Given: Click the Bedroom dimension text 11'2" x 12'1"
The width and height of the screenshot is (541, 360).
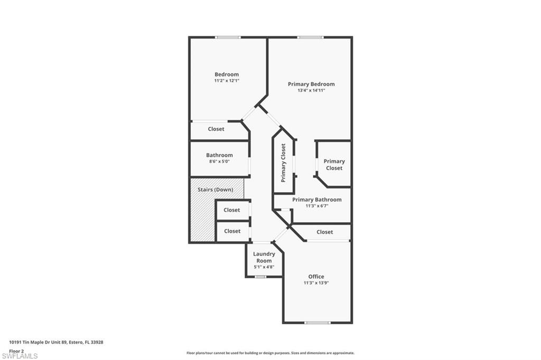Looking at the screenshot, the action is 227,81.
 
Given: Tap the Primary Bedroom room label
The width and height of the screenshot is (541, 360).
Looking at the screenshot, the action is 311,84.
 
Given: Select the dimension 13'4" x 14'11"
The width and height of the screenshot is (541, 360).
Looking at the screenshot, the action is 311,90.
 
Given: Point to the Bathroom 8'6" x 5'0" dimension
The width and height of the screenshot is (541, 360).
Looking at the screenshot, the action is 219,162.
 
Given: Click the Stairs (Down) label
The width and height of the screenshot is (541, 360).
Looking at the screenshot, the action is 216,190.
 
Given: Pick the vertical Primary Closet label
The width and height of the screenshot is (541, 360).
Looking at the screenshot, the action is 283,163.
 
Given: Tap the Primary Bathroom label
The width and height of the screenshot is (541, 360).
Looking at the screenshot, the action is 317,200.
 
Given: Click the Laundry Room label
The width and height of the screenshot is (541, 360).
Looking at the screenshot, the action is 264,257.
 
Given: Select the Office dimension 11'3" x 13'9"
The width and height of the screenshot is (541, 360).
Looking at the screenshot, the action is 316,283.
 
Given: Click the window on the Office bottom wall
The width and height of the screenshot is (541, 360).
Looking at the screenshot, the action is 318,323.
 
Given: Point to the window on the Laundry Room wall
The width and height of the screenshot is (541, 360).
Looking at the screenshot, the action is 260,277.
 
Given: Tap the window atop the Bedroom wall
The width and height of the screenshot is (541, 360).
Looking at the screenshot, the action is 228,37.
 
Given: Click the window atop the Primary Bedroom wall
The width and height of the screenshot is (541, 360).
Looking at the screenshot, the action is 311,37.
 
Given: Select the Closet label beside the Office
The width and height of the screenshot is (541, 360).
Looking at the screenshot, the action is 325,232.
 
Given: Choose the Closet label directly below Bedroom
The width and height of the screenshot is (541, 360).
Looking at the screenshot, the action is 216,129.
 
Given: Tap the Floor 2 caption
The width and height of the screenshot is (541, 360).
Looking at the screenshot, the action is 16,351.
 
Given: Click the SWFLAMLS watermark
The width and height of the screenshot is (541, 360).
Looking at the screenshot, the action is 20,356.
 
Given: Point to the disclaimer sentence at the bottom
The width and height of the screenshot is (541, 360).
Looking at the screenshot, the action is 270,353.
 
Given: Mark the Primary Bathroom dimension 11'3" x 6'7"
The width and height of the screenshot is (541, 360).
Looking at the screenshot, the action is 317,206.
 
